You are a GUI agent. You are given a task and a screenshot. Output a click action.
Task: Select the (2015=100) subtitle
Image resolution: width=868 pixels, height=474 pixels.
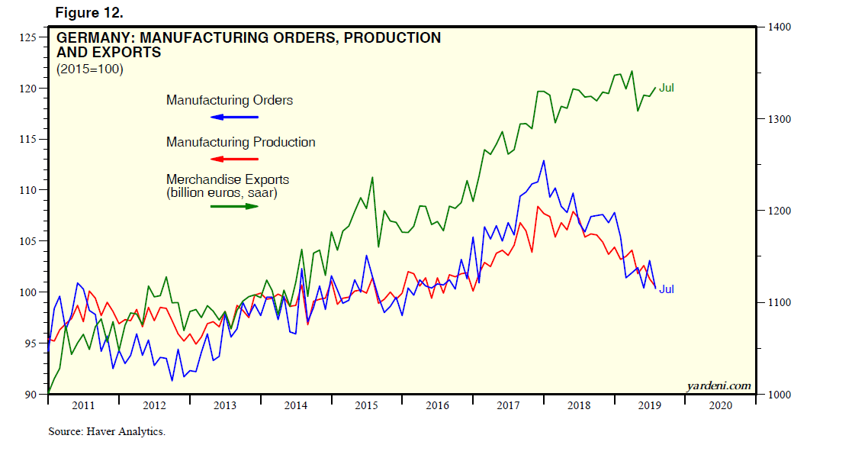[89, 69]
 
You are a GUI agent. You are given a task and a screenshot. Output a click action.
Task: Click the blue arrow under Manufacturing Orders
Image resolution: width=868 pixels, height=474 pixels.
[234, 117]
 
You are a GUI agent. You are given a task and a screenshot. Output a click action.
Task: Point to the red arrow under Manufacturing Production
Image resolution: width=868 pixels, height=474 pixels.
[234, 159]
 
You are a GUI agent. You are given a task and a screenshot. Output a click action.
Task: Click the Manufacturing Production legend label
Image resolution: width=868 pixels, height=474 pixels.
[240, 142]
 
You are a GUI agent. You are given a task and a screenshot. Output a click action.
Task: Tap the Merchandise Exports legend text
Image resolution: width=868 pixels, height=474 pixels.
[227, 179]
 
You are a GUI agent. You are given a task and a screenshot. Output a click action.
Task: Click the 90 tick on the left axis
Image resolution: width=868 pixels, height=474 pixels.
[31, 395]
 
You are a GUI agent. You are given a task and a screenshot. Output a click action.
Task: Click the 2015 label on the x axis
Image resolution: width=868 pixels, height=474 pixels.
[366, 405]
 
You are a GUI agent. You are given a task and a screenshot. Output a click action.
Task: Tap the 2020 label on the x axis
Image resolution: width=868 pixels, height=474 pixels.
[719, 405]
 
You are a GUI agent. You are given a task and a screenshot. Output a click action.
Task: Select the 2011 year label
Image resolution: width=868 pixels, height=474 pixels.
[83, 405]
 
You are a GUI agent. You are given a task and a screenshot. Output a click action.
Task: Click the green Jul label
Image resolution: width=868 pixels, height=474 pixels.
[667, 88]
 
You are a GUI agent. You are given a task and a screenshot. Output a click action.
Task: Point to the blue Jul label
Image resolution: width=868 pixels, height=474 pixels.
[667, 289]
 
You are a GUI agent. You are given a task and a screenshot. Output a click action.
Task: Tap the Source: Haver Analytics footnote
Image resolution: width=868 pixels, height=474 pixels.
[107, 431]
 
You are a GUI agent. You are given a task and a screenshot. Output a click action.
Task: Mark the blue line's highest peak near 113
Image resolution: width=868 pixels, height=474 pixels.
[543, 161]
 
